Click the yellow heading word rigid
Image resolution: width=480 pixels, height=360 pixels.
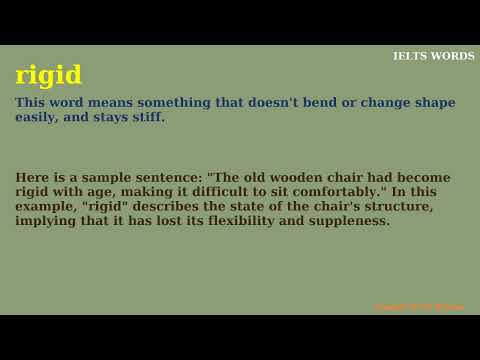coord(49,76)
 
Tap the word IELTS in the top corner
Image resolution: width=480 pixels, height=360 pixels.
coord(410,56)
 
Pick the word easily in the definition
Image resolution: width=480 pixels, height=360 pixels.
coord(36,117)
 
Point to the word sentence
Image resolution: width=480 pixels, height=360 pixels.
coord(172,177)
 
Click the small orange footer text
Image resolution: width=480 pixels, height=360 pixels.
coord(419,307)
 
